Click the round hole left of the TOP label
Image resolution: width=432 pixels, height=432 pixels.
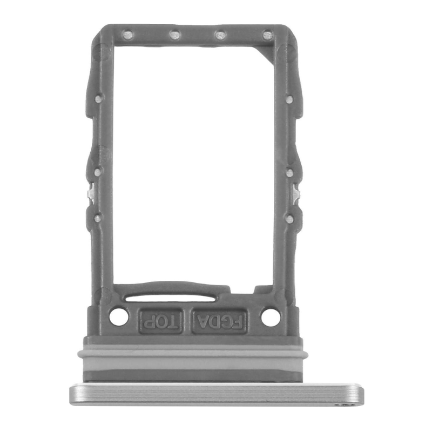point(119,316)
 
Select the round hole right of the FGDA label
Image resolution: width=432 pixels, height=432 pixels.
point(271,316)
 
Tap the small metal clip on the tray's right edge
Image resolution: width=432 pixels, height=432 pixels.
point(296,191)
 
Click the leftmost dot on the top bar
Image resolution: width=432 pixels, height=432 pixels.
point(128,35)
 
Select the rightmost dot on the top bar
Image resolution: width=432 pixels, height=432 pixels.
point(266,36)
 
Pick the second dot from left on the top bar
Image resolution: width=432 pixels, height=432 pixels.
point(174,35)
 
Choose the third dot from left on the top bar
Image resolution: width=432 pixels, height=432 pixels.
point(220,35)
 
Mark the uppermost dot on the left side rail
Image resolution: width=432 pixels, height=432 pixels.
point(98,99)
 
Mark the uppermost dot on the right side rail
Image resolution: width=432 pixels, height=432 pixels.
point(290,99)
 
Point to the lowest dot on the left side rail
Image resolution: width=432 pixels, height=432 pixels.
point(98,219)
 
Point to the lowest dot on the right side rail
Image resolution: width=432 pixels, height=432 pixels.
point(290,219)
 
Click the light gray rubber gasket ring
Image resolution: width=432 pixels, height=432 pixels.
point(194,353)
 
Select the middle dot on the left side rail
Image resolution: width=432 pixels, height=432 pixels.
point(98,172)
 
